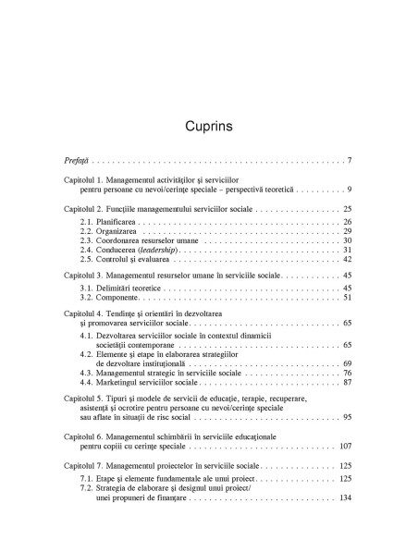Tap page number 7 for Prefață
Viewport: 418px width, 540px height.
(x=349, y=162)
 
